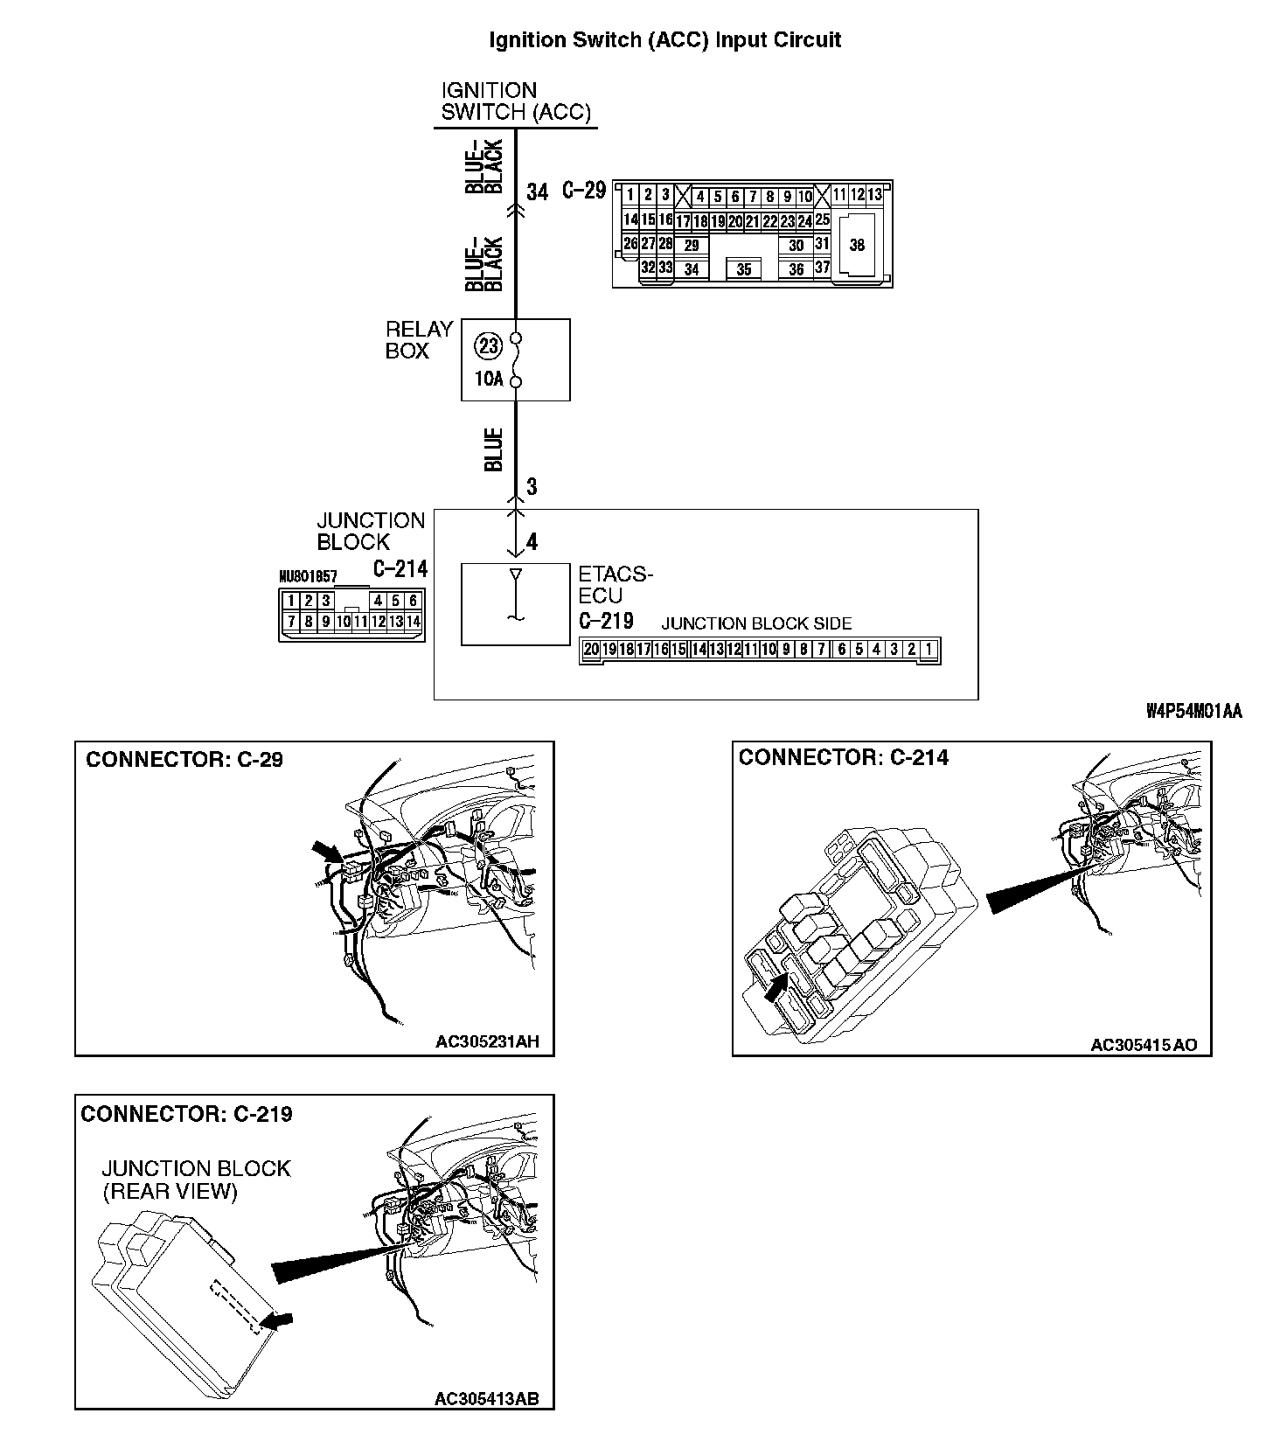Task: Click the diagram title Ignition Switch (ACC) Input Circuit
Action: [664, 40]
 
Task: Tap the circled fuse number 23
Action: [489, 346]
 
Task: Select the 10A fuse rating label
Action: [489, 380]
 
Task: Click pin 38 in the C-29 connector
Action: [857, 245]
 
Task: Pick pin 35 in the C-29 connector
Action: [743, 269]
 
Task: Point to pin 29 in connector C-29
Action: [691, 246]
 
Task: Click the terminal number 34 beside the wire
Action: [537, 191]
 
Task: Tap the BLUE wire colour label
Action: [494, 449]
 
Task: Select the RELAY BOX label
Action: [419, 340]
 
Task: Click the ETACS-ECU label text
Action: [615, 585]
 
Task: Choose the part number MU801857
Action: [308, 578]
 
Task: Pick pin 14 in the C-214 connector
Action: [414, 622]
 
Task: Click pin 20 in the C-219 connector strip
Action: [591, 649]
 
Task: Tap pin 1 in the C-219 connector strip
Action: [929, 649]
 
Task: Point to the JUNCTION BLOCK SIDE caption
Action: [756, 623]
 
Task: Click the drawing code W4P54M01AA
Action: [1193, 712]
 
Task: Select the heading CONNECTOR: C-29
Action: [184, 759]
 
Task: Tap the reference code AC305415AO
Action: [1144, 1044]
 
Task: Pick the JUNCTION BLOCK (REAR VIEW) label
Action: [196, 1180]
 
